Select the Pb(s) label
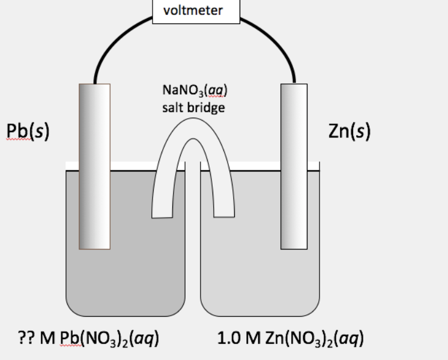[x=27, y=131]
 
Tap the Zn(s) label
[x=350, y=131]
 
